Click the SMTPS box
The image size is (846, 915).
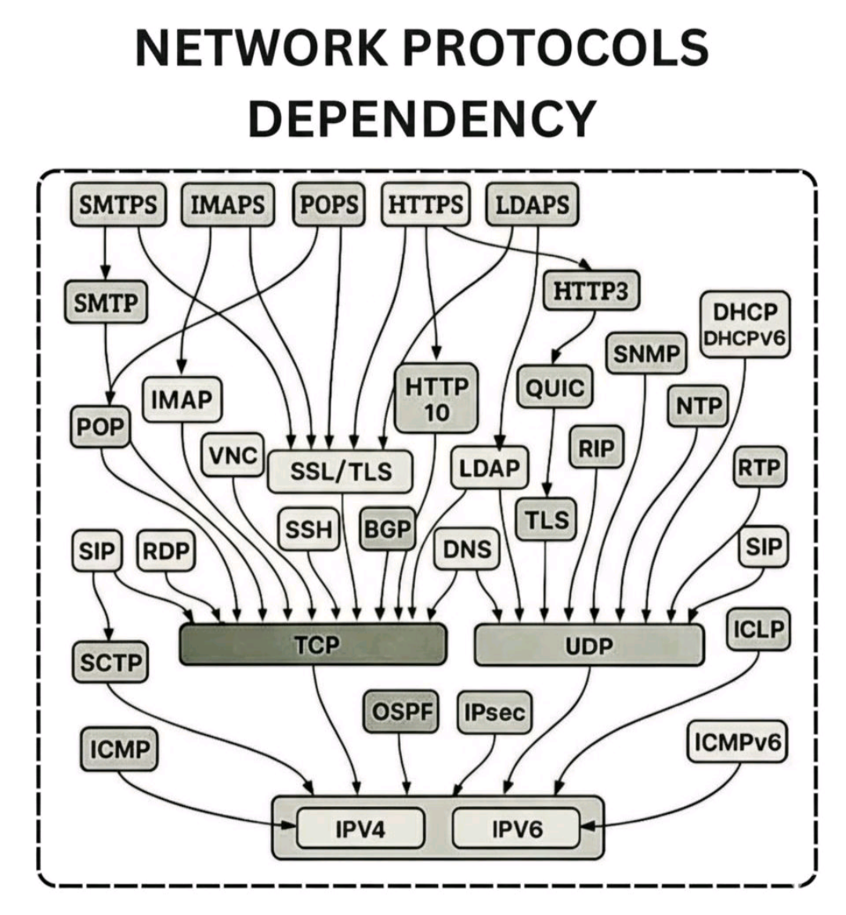[117, 204]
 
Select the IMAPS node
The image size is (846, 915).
[228, 204]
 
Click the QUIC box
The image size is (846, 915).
[555, 388]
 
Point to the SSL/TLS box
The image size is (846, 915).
[340, 471]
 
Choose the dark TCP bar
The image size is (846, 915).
[313, 645]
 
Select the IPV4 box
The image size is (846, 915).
[360, 828]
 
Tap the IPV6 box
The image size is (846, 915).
[516, 828]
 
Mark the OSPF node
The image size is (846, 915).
[402, 712]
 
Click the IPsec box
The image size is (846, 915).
[494, 712]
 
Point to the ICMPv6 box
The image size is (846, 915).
[736, 742]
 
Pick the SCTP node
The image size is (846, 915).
[110, 663]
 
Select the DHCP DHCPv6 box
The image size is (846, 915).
[745, 324]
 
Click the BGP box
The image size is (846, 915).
[388, 530]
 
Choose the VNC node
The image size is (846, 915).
[233, 455]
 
